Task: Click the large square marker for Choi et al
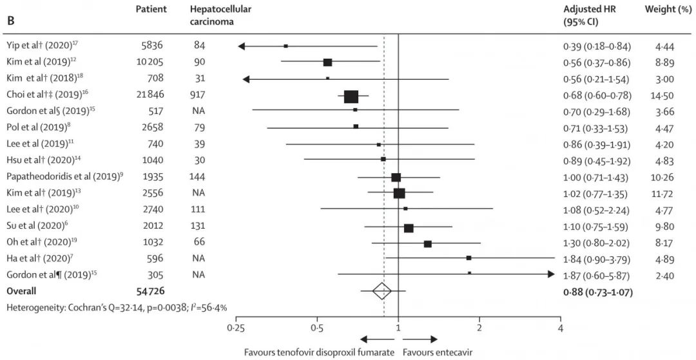click(x=351, y=97)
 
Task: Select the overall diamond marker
click(x=382, y=292)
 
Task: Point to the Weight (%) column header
click(x=665, y=10)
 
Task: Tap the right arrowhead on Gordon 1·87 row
click(x=550, y=274)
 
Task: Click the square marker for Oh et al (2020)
click(x=427, y=243)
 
